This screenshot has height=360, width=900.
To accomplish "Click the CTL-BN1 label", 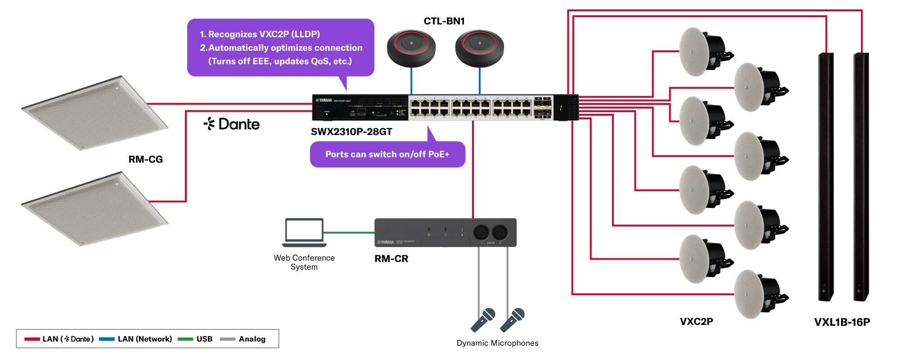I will pos(444,21).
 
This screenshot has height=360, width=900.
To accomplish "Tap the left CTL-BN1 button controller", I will pos(411,48).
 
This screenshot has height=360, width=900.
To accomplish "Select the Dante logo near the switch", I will pos(232,124).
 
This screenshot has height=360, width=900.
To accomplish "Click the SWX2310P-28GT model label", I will pos(351,132).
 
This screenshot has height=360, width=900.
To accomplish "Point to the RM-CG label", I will pos(145,159).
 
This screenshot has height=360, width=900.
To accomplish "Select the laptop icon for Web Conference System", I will pos(304,232).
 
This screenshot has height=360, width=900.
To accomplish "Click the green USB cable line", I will pos(349,233).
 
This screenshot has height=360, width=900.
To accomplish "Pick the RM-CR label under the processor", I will pos(391,259).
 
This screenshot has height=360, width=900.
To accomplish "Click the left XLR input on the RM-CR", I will pos(481,233).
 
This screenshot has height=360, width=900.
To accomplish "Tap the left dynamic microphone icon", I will pos(483,319).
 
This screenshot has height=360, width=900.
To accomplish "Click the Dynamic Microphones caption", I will pos(497,343).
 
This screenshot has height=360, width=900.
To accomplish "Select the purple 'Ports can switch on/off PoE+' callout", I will pos(387,154).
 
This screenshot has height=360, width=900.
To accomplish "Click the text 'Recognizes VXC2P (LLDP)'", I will pos(264,34).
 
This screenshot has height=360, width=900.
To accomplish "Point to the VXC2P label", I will pos(696,321).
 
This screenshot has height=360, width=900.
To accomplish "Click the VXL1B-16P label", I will pos(841,322).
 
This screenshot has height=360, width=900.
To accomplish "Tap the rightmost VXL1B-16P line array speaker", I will pos(861,175).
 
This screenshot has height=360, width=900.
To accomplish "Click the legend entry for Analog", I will pos(252,339).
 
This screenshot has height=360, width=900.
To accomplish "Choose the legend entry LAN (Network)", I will pos(144,339).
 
